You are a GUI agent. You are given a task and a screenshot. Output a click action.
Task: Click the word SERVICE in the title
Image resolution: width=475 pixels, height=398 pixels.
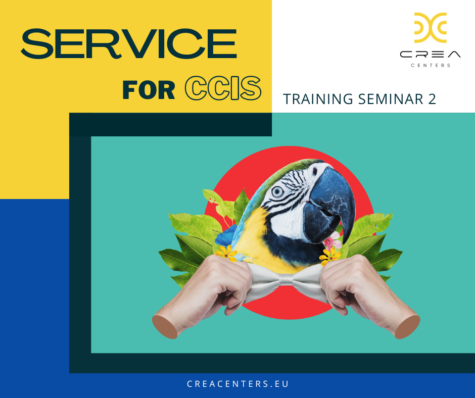(129, 43)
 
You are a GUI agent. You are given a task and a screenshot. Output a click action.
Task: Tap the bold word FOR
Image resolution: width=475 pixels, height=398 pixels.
(149, 90)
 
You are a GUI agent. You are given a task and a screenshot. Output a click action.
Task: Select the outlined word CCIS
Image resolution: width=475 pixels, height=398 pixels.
(223, 88)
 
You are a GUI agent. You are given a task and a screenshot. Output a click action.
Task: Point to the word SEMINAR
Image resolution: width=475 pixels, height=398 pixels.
(391, 99)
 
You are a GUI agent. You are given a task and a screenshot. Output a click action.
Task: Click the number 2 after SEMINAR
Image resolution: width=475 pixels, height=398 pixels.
(432, 99)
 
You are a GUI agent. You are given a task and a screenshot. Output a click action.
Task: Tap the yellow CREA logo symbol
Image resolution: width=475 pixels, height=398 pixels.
(431, 28)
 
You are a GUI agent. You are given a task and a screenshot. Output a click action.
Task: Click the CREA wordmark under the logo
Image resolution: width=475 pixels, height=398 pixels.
(430, 55)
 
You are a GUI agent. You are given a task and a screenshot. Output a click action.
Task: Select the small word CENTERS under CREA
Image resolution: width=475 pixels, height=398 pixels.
(431, 66)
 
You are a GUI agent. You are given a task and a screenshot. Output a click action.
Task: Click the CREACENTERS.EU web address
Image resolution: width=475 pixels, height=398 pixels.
(238, 384)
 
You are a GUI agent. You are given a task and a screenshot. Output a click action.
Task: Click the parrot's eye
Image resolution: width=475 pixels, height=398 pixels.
(277, 191)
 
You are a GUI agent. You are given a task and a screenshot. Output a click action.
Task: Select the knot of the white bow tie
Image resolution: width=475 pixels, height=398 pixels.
(286, 279)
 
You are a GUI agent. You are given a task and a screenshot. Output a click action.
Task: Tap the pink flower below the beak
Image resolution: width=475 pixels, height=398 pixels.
(332, 240)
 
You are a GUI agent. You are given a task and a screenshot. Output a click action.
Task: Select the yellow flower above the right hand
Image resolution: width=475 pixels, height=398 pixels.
(329, 256)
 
